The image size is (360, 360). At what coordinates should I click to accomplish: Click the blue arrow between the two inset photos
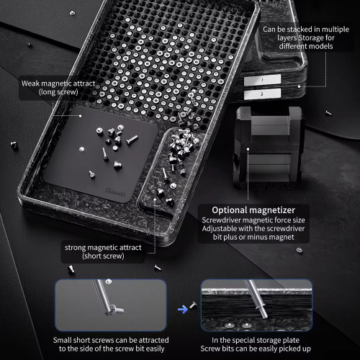(183, 310)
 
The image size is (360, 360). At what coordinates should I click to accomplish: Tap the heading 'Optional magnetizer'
(253, 210)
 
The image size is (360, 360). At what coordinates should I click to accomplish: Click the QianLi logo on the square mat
(115, 192)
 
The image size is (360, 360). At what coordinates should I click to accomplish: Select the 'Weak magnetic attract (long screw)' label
(58, 88)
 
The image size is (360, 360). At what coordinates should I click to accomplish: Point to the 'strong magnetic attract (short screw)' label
(103, 252)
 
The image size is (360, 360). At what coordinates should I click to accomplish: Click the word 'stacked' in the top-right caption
(300, 30)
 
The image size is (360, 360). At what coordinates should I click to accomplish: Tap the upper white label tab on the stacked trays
(262, 80)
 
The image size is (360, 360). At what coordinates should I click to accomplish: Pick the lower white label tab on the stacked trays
(262, 94)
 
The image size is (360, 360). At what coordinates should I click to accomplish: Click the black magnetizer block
(269, 147)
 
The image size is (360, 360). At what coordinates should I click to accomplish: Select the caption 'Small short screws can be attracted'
(111, 340)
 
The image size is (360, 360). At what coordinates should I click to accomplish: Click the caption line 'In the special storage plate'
(256, 340)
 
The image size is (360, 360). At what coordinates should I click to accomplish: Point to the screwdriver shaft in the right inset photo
(255, 299)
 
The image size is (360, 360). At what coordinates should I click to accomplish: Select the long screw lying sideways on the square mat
(132, 140)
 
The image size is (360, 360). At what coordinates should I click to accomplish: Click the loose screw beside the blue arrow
(193, 305)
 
